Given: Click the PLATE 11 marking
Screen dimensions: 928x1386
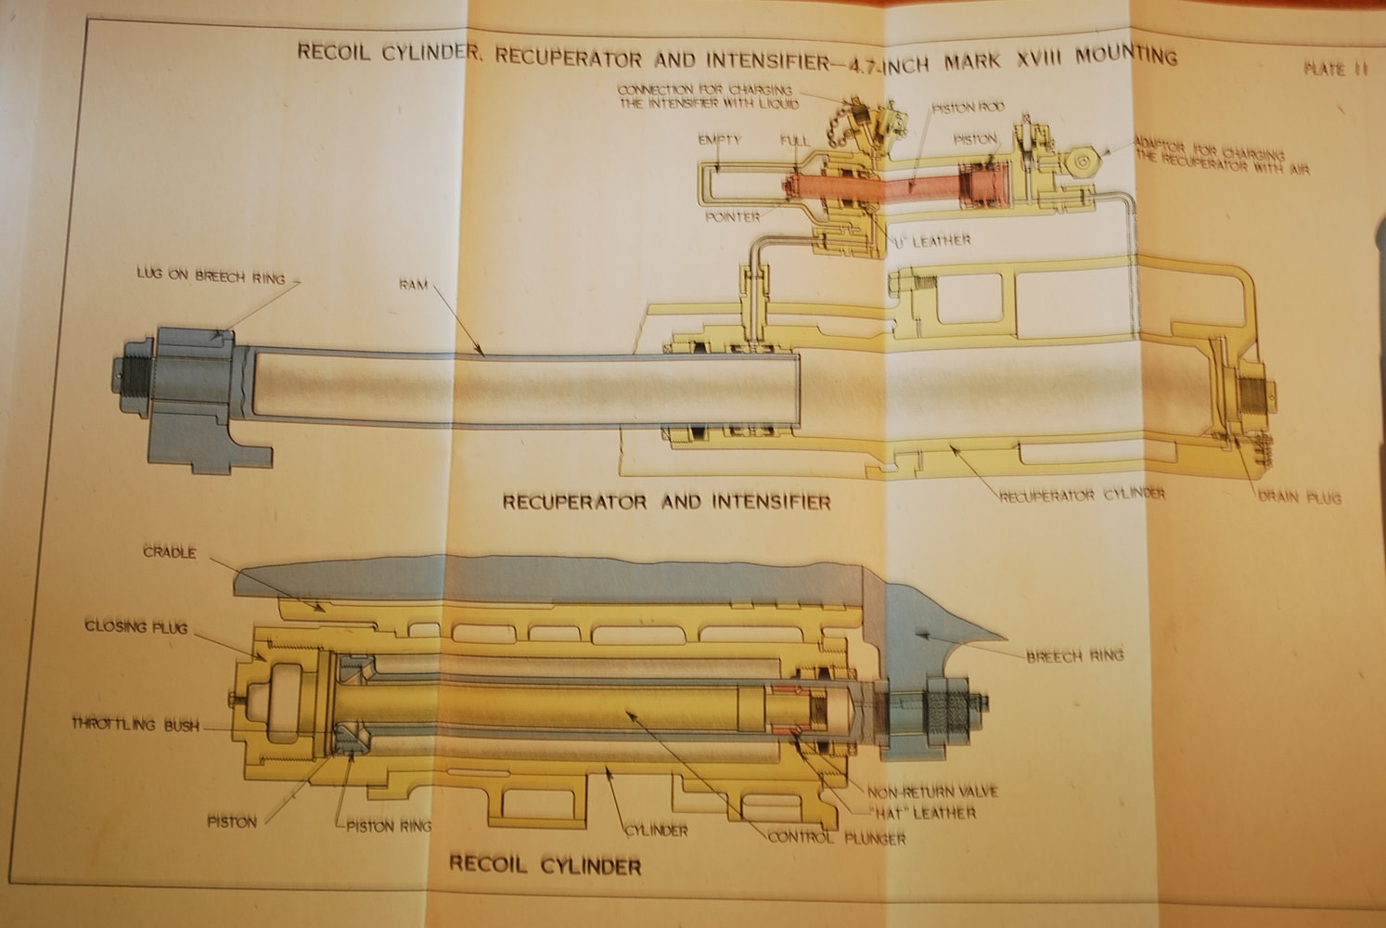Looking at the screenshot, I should (x=1336, y=70).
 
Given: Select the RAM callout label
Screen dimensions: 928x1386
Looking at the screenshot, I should (x=414, y=285).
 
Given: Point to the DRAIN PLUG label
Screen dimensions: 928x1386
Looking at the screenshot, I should (x=1299, y=497).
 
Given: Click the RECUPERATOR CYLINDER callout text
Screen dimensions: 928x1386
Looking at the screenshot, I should (x=1082, y=496).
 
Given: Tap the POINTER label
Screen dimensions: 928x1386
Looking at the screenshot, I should (x=732, y=216).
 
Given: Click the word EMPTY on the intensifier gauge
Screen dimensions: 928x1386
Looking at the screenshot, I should (x=719, y=139).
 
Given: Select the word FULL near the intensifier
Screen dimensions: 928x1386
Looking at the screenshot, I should (x=795, y=140).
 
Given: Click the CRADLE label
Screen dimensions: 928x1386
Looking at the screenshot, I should (x=169, y=552).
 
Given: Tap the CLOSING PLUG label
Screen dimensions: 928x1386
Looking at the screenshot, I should (x=136, y=627).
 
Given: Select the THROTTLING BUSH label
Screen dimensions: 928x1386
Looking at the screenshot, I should (x=135, y=725).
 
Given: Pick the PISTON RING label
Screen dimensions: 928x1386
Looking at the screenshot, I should (x=389, y=825).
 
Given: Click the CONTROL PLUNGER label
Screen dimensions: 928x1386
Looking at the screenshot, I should (x=836, y=837).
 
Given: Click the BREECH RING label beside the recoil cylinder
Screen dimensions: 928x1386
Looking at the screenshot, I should (x=1074, y=656).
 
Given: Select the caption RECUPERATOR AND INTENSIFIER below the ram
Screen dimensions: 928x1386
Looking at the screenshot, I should (x=665, y=503).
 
